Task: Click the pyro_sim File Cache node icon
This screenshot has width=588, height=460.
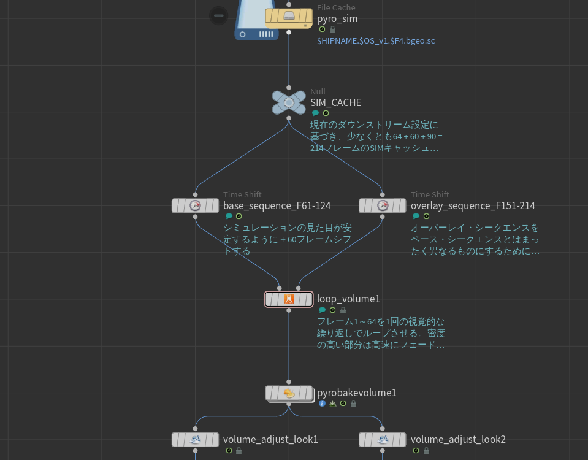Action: point(289,18)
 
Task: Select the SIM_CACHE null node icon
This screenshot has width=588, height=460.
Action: point(289,102)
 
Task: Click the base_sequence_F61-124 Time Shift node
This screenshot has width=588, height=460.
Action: point(195,205)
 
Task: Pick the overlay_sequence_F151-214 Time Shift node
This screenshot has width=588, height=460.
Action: point(383,205)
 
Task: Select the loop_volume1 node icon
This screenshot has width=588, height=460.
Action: point(289,299)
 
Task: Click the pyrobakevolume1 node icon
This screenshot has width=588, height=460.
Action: point(289,393)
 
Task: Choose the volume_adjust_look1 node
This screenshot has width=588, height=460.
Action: point(195,439)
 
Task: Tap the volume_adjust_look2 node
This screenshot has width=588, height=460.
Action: point(383,439)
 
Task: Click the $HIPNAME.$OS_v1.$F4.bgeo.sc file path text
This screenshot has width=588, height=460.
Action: point(376,41)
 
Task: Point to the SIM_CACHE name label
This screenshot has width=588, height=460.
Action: point(335,102)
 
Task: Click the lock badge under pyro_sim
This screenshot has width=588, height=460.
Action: point(332,29)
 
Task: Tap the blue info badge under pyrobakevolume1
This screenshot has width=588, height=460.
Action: point(322,404)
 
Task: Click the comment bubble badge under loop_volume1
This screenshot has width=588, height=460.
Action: point(322,310)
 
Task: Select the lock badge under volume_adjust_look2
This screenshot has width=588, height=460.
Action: point(426,451)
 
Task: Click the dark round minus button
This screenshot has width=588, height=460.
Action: point(219,16)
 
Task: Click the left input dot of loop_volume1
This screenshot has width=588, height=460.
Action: point(280,288)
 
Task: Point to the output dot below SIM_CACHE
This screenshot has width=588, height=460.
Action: point(289,118)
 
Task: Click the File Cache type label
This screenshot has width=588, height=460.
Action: point(336,7)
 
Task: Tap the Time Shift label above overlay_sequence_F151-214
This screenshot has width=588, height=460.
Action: point(430,194)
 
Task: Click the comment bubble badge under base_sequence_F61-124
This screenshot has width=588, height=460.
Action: point(229,216)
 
